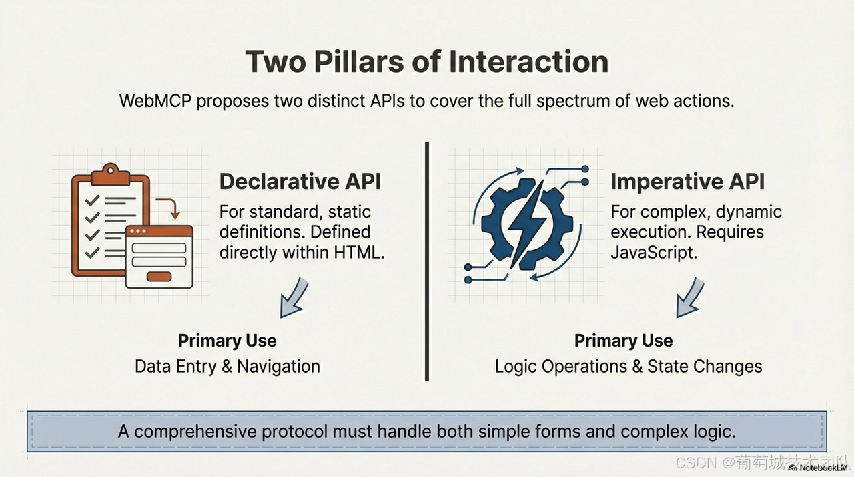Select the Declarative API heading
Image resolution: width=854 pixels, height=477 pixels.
tap(300, 181)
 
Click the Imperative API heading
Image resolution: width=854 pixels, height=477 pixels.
tap(687, 181)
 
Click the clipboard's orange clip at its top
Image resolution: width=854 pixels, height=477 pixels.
tap(110, 175)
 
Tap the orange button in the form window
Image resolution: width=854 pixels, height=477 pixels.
tap(158, 276)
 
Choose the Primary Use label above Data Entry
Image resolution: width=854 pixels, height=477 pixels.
tap(227, 341)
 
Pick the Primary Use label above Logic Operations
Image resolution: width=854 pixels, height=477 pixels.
tap(623, 341)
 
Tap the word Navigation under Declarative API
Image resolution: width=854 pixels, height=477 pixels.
tap(278, 366)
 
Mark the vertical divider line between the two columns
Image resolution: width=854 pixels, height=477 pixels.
tap(427, 261)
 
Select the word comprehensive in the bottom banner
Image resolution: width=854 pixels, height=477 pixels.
tap(193, 431)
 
